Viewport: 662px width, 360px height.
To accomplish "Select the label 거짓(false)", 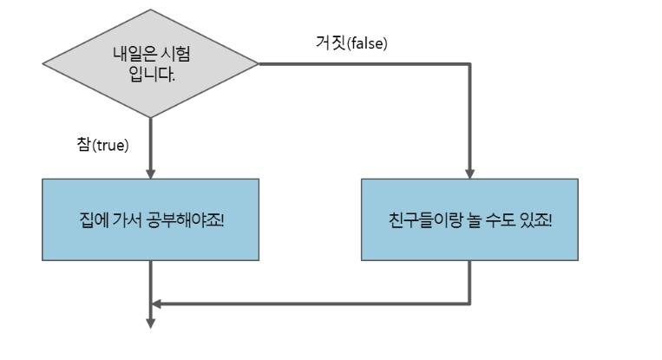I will point(351,42).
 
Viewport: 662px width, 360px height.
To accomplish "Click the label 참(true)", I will point(103,145).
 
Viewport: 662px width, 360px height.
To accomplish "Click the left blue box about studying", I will point(150,219).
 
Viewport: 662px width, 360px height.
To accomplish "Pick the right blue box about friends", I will point(469,219).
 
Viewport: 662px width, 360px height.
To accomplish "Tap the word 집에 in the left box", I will point(89,219).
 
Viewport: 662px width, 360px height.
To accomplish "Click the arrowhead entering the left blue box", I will point(150,172).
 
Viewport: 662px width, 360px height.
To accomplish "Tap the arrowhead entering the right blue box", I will point(469,172).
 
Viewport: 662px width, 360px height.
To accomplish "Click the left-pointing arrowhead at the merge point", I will point(156,304).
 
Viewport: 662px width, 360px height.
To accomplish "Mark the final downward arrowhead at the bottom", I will point(150,324).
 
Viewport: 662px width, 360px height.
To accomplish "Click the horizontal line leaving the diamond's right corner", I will point(364,63).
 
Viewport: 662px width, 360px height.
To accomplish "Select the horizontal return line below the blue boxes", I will point(312,304).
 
